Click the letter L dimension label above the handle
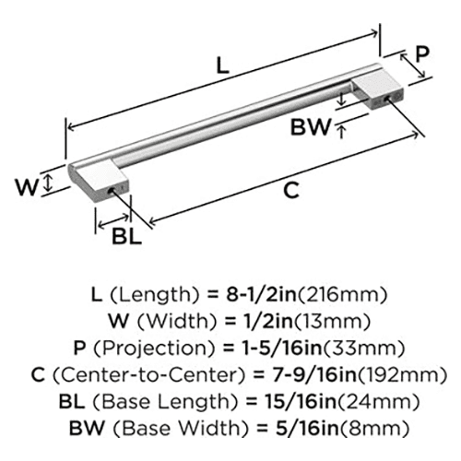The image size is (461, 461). click(x=223, y=65)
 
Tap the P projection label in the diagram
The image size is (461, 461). click(x=422, y=53)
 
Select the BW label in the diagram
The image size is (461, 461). click(x=311, y=127)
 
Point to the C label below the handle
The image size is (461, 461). click(x=290, y=190)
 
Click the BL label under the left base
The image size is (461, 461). click(x=126, y=236)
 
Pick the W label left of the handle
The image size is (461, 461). click(x=28, y=187)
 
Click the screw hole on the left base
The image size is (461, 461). click(x=111, y=191)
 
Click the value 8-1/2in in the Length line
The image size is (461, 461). click(x=261, y=294)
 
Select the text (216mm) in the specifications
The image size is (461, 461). click(x=342, y=295)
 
